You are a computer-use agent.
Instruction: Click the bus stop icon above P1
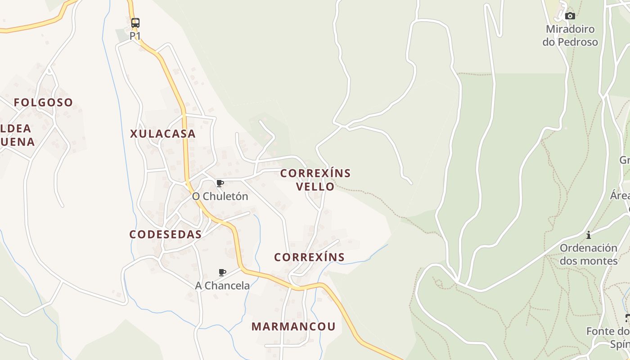click(x=135, y=22)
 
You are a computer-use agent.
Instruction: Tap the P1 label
click(x=135, y=36)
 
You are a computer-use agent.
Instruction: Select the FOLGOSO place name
click(x=43, y=103)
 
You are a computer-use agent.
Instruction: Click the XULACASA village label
click(x=163, y=134)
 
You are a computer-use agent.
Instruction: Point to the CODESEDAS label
click(x=165, y=234)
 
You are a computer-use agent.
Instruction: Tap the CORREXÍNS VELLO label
click(x=315, y=180)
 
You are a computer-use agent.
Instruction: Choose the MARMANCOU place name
click(x=293, y=327)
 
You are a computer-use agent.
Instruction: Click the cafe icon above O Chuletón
click(x=220, y=183)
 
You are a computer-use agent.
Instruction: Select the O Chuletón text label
click(x=220, y=197)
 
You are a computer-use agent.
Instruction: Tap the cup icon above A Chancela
click(x=222, y=272)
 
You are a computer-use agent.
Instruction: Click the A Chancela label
click(x=222, y=286)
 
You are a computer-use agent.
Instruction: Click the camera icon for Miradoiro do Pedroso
click(x=570, y=16)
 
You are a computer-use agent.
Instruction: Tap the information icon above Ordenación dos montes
click(x=589, y=235)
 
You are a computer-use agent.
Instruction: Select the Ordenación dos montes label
click(x=589, y=254)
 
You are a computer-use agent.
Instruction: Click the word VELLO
click(x=315, y=186)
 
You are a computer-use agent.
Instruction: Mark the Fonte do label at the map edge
click(x=607, y=332)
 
